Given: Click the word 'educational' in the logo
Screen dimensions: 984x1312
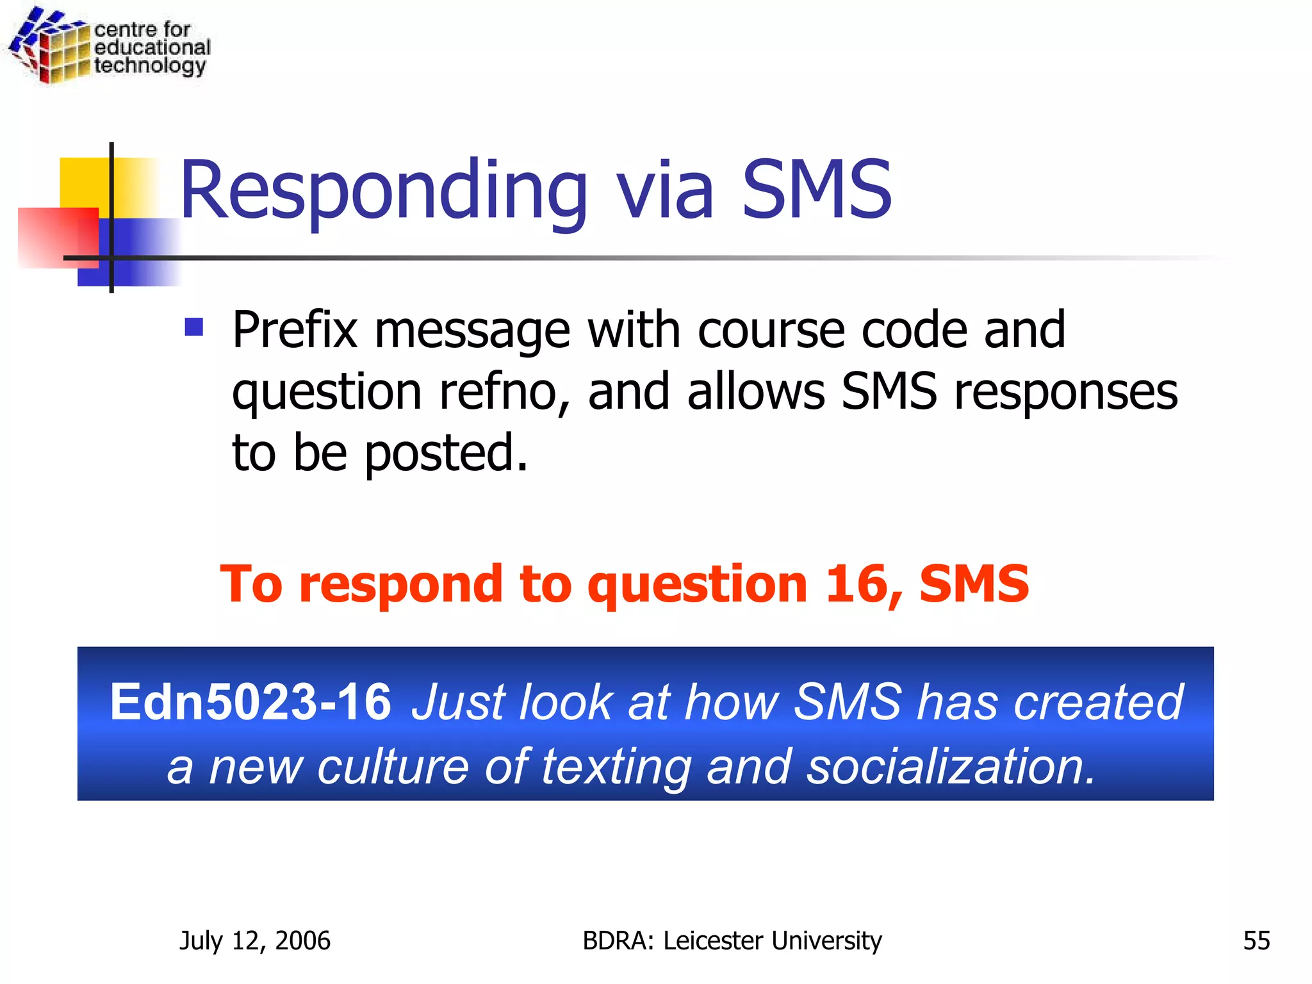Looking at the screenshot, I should tap(152, 47).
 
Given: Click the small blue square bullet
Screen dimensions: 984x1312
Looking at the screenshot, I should tap(193, 327).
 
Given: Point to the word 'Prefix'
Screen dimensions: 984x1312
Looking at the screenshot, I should tap(295, 330).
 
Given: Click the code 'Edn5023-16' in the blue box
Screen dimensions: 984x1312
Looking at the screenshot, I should tap(250, 702).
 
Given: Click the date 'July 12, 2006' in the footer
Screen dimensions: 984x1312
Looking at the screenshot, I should tap(255, 940).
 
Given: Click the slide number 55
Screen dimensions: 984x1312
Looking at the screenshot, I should tap(1256, 940).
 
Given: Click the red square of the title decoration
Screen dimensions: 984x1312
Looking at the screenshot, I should tap(58, 237).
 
